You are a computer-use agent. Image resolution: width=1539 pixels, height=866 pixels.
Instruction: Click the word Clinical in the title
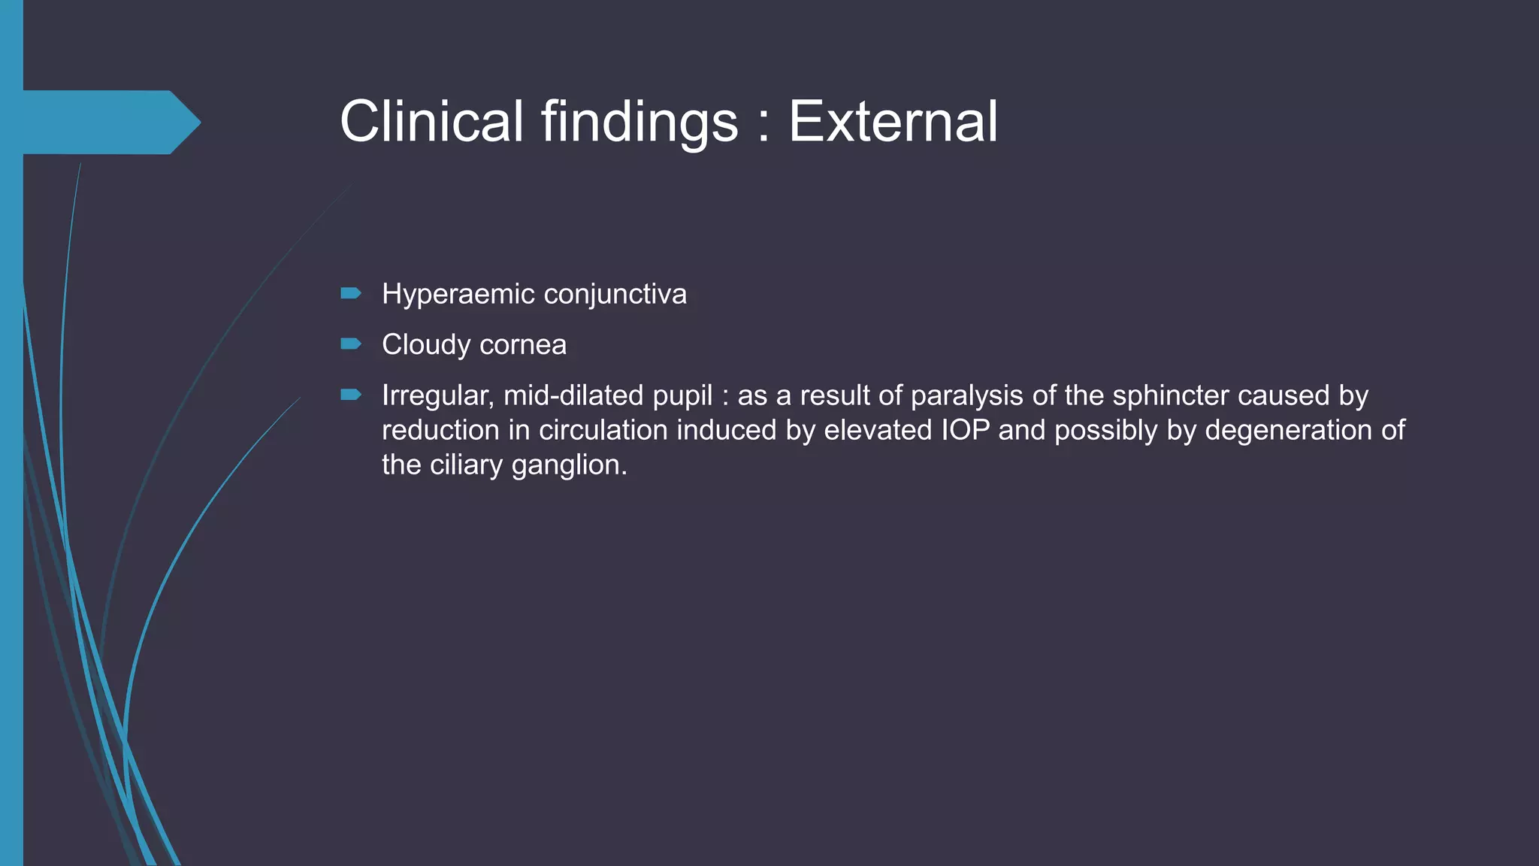[431, 122]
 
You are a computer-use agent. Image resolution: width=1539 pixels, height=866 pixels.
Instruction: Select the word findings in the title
[639, 122]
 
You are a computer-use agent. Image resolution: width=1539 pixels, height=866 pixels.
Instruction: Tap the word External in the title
[893, 122]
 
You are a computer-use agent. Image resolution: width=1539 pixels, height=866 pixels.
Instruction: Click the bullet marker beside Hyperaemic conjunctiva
[351, 293]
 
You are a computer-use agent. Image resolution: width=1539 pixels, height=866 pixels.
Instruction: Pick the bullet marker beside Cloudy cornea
[351, 344]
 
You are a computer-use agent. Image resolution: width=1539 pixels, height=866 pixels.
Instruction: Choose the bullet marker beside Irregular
[351, 395]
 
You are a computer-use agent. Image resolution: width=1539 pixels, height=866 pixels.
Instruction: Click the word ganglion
[569, 465]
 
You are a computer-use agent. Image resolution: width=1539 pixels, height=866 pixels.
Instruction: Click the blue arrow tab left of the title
[111, 122]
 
